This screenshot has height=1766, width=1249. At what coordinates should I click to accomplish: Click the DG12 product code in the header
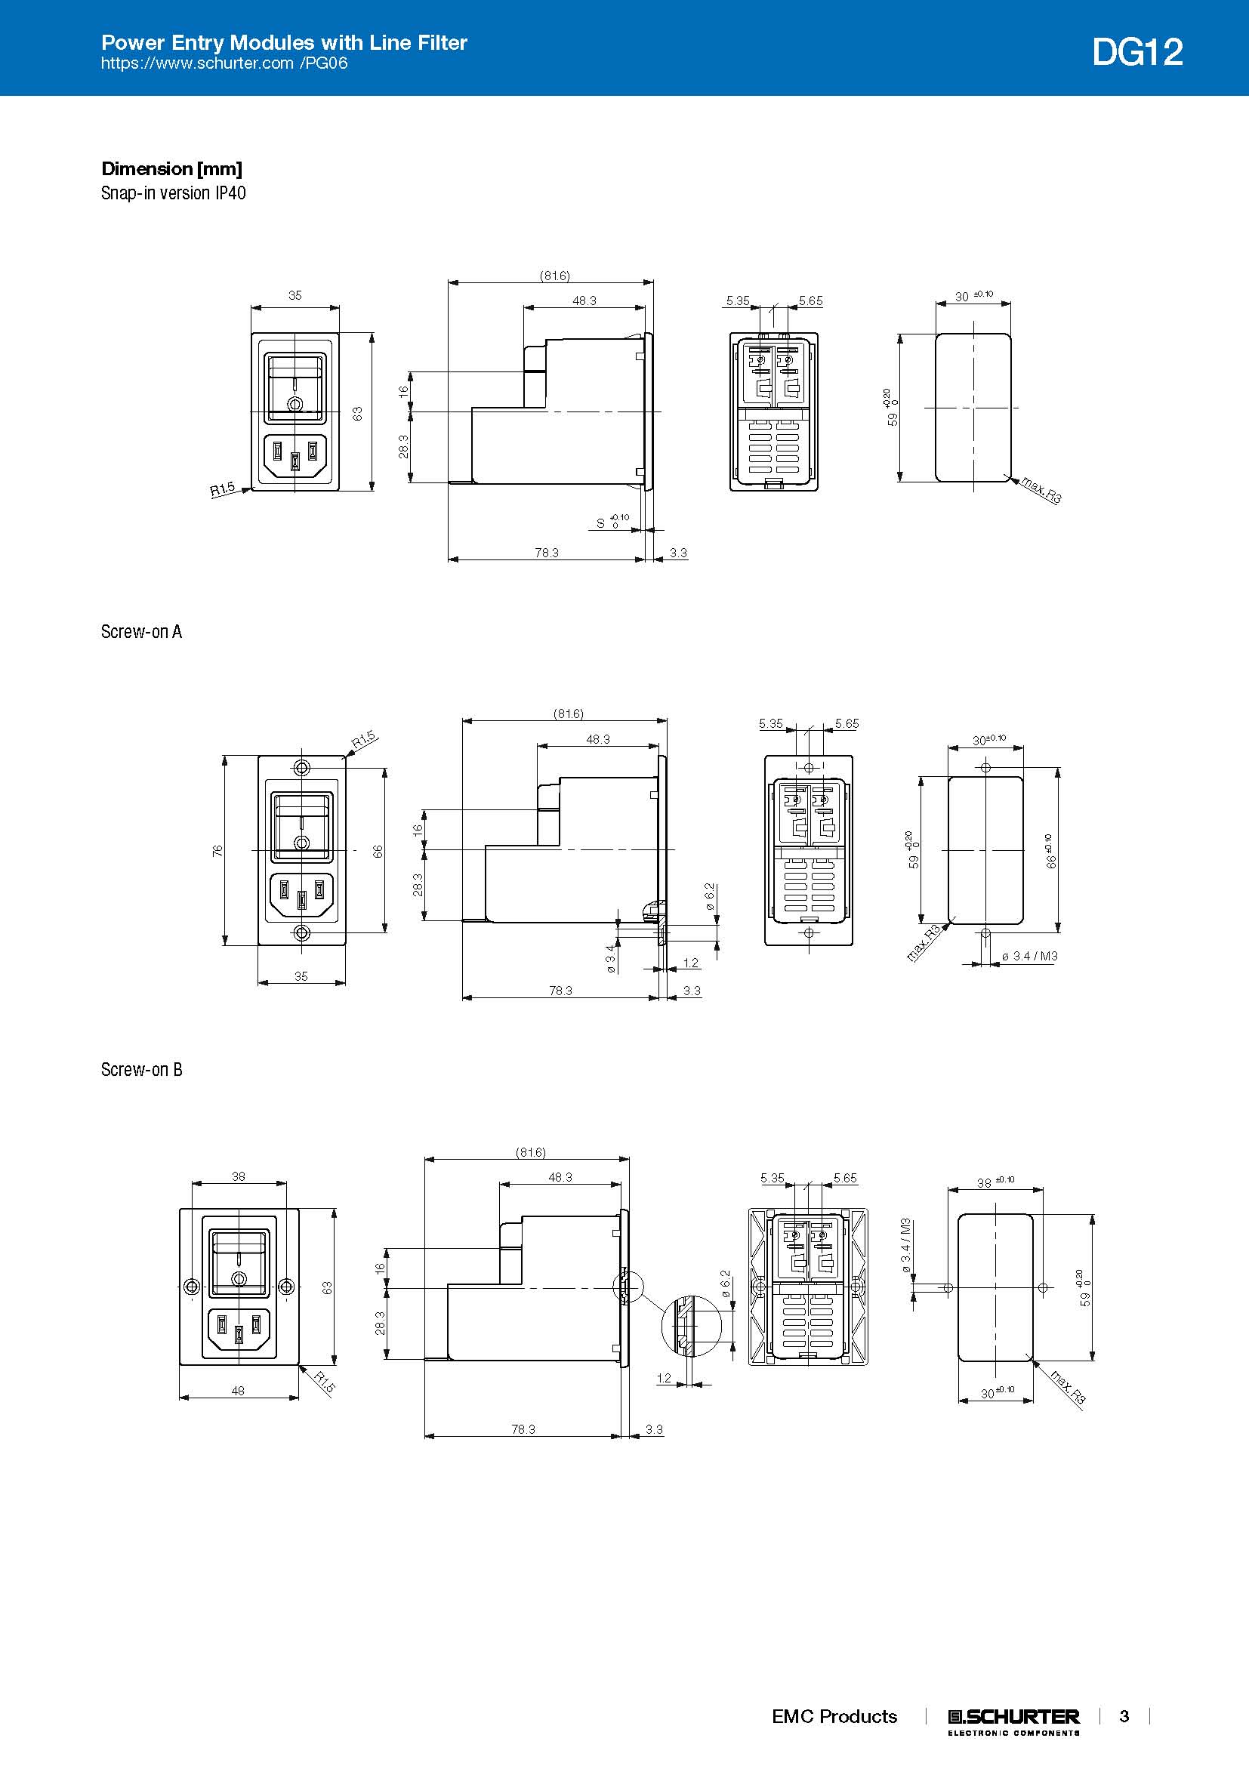click(1137, 52)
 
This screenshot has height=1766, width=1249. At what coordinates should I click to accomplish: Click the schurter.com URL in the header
click(224, 63)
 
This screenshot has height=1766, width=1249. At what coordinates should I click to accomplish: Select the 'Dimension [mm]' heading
click(171, 169)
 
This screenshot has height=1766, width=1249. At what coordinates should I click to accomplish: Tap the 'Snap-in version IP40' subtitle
click(173, 193)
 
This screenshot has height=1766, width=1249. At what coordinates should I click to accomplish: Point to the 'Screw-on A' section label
click(141, 631)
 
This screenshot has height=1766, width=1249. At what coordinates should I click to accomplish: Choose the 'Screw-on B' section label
click(141, 1070)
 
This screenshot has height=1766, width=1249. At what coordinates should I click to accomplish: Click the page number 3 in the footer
click(1124, 1716)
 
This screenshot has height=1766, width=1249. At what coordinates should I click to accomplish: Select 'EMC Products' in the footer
click(834, 1716)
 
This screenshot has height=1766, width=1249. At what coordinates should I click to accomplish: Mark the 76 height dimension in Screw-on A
click(217, 851)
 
